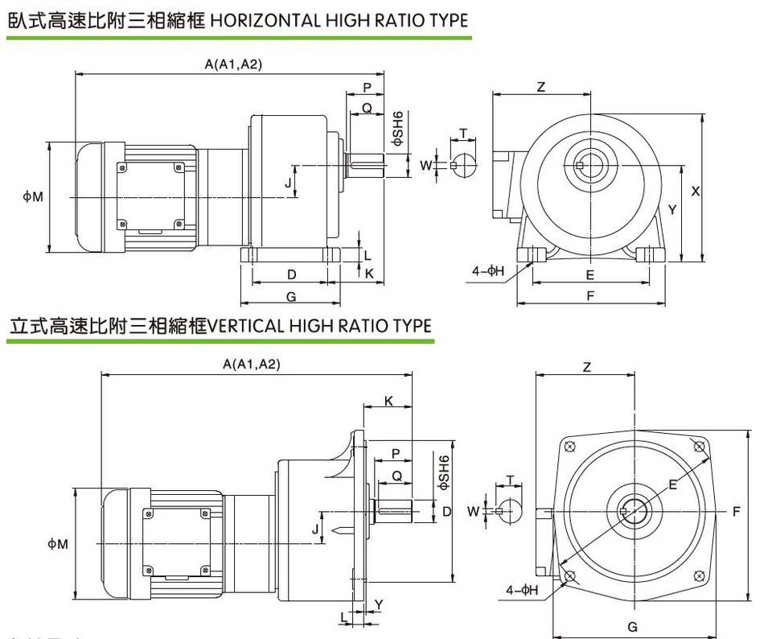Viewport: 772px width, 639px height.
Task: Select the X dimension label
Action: pos(696,191)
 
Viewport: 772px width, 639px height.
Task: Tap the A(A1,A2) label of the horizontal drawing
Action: pos(233,64)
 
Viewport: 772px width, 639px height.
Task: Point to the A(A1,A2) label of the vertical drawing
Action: pos(252,365)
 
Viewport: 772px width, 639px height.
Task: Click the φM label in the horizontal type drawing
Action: pos(32,196)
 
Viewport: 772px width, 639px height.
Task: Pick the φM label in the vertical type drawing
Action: pos(57,545)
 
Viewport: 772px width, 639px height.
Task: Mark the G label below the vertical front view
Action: pos(632,627)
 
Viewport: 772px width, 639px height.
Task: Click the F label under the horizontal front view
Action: pos(590,295)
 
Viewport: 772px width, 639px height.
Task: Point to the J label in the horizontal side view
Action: pos(288,183)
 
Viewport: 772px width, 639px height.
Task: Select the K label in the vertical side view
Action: pos(388,400)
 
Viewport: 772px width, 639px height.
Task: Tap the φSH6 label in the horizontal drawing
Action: pos(397,130)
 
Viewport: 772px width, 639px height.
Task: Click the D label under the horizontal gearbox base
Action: pos(291,274)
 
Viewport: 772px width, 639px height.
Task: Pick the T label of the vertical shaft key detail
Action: pos(511,480)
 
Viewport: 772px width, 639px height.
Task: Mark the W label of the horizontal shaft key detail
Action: pos(425,165)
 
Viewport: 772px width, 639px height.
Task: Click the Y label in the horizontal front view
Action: pos(672,208)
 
